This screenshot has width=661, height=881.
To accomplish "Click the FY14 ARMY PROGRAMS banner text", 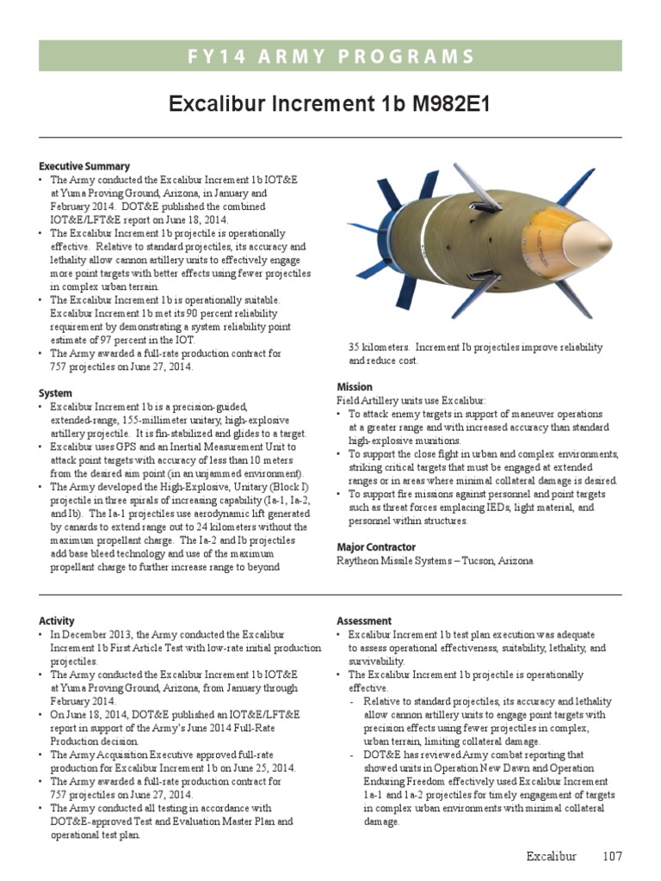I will [330, 57].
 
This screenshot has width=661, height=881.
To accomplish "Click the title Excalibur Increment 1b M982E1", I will [330, 105].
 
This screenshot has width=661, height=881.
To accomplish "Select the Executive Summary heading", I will [84, 166].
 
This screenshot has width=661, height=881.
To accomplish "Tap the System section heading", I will [55, 393].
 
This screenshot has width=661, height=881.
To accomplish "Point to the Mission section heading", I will [354, 387].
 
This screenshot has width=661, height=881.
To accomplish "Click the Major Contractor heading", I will [375, 547].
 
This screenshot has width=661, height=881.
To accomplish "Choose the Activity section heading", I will [57, 620].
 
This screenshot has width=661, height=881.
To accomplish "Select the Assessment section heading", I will [363, 620].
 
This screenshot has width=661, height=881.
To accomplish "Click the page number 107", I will [612, 856].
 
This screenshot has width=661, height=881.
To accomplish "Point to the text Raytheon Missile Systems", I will [391, 561].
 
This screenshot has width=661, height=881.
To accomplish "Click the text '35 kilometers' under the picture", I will [379, 348].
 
